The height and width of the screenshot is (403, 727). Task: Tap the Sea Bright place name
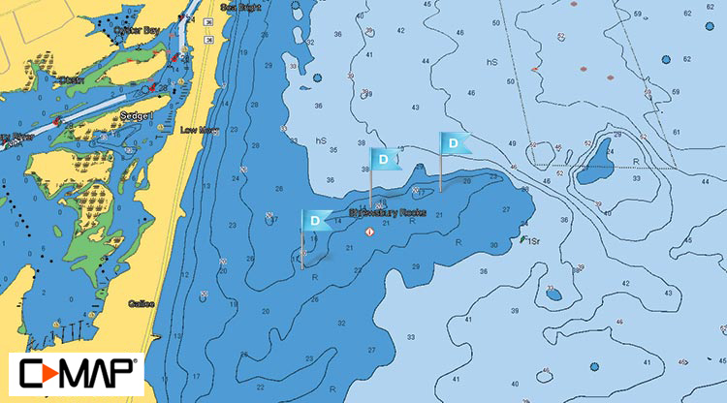point(241,7)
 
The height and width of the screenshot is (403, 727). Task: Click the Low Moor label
point(198,129)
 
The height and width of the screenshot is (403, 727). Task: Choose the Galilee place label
point(141,302)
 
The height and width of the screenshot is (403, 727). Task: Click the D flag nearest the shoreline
point(315,221)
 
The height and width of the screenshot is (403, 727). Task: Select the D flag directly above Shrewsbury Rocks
point(385,158)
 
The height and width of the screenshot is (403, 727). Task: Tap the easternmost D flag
point(453,142)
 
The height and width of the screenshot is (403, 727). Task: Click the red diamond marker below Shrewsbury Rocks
point(369,232)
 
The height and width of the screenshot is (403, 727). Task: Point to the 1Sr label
point(535,239)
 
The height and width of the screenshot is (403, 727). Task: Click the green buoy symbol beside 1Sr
point(522,238)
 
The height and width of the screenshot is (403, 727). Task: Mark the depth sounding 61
point(687,133)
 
